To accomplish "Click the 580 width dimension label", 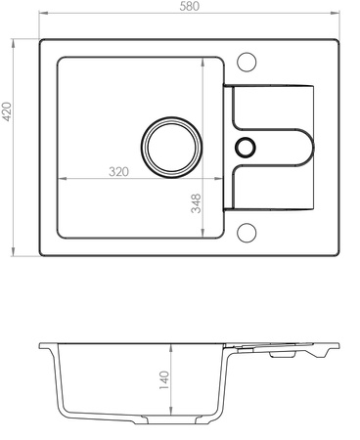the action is [189, 6].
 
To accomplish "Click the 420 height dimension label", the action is [7, 111].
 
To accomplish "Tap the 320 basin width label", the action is [118, 172].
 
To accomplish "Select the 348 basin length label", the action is [196, 203].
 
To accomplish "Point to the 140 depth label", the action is [164, 380].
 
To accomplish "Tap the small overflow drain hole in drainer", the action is [245, 147].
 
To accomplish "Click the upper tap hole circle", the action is [247, 62].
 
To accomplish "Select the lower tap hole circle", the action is [247, 233].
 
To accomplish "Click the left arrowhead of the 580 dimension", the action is [43, 13].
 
